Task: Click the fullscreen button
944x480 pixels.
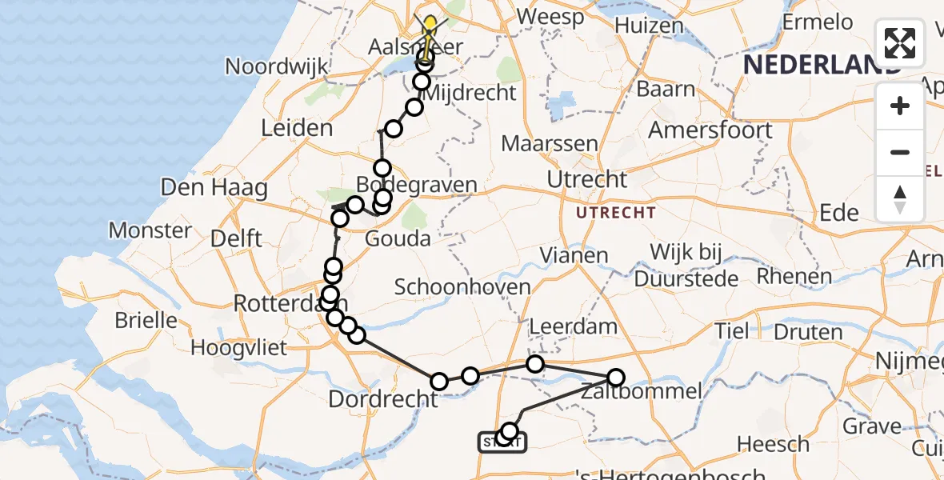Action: coord(900,43)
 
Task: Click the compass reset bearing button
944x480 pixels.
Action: coord(900,199)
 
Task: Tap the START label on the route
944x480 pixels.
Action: coord(502,442)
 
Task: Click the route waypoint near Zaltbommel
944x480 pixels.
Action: coord(615,378)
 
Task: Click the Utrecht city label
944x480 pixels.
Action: coord(588,179)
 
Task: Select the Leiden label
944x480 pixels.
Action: coord(297,128)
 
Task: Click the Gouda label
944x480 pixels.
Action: coord(398,238)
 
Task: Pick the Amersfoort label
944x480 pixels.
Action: coord(710,130)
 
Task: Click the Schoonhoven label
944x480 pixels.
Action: coord(462,287)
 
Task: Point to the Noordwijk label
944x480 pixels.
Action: coord(277,66)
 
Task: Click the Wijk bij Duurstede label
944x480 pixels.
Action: coord(686,266)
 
